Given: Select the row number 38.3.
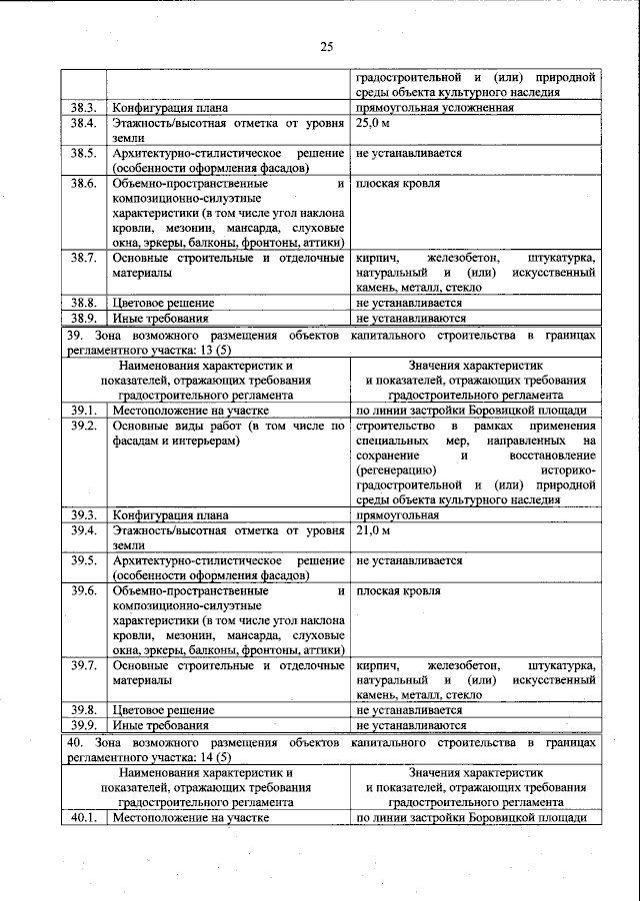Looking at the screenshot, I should click(x=83, y=108).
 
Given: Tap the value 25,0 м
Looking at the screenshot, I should click(x=373, y=123).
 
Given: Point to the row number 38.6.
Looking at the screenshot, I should click(x=83, y=184).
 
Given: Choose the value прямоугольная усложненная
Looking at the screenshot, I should click(x=435, y=108).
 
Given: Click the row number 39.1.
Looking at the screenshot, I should click(x=83, y=411).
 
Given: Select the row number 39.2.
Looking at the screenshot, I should click(x=83, y=426).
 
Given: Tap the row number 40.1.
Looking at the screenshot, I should click(x=83, y=818).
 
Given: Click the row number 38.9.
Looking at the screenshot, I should click(x=83, y=318).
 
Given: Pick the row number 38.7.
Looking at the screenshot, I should click(x=83, y=259).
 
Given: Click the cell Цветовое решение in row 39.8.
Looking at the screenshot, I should click(x=163, y=710).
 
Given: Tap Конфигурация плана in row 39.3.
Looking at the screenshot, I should click(x=170, y=515).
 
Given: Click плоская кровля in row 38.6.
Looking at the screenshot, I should click(x=398, y=184).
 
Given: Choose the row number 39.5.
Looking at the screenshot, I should click(x=83, y=560).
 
